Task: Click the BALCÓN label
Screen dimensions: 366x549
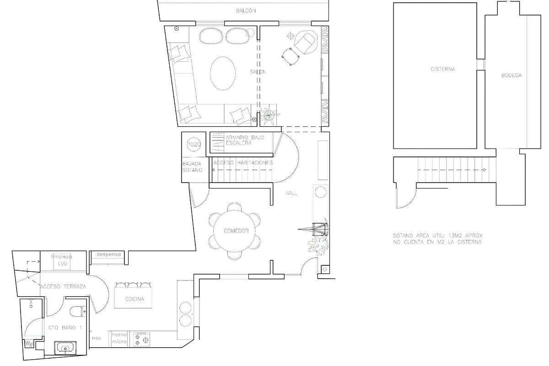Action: pyautogui.click(x=246, y=11)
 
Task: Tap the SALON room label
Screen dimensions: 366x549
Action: pyautogui.click(x=258, y=72)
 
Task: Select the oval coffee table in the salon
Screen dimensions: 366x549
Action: pyautogui.click(x=223, y=73)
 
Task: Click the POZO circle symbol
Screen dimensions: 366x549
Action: pyautogui.click(x=194, y=145)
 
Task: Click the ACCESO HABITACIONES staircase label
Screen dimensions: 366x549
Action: pyautogui.click(x=243, y=162)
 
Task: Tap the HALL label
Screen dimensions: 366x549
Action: pyautogui.click(x=291, y=193)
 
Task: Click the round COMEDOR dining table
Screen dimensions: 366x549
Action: pyautogui.click(x=236, y=231)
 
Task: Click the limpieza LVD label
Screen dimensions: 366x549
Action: pyautogui.click(x=62, y=260)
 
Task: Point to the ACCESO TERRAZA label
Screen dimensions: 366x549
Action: pyautogui.click(x=63, y=286)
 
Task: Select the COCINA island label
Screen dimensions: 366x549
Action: pyautogui.click(x=135, y=299)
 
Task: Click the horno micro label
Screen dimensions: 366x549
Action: pyautogui.click(x=119, y=338)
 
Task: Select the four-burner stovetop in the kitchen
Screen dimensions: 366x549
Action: pyautogui.click(x=140, y=339)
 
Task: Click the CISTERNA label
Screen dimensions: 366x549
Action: pyautogui.click(x=442, y=70)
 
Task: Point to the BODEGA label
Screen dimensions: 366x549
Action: pyautogui.click(x=511, y=75)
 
